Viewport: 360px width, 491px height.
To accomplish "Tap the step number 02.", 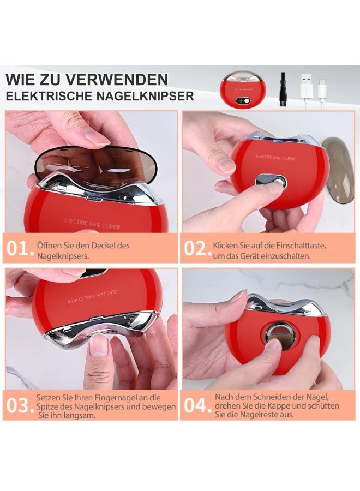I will (x=197, y=249).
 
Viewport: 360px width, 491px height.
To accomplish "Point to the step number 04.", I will (x=197, y=406).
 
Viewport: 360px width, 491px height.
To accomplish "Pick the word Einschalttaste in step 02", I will (x=299, y=245).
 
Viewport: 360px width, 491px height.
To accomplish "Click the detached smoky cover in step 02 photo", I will (x=337, y=170).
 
